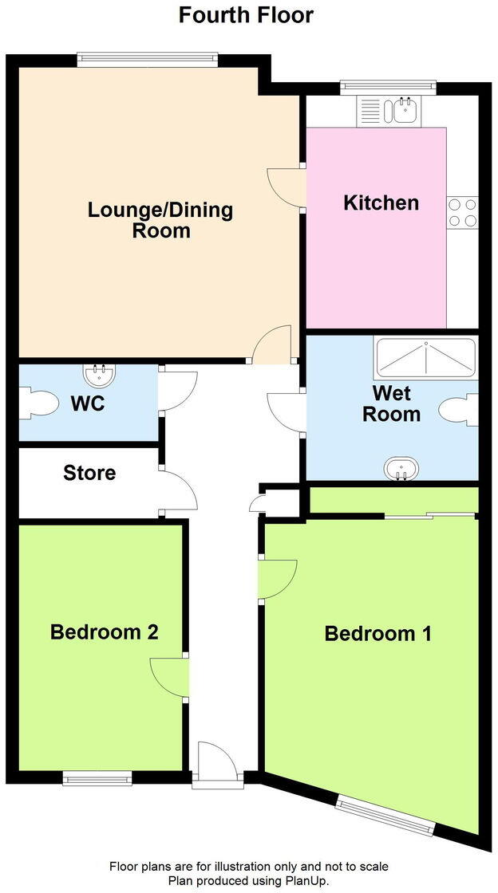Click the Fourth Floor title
(x=246, y=14)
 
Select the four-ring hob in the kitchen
(x=462, y=212)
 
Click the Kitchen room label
(x=381, y=203)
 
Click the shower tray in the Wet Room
(x=425, y=358)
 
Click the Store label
(x=89, y=473)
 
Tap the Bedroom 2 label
(x=104, y=632)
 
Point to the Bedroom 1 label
(x=378, y=634)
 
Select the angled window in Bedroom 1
(x=385, y=814)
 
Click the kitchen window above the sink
(x=388, y=87)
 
